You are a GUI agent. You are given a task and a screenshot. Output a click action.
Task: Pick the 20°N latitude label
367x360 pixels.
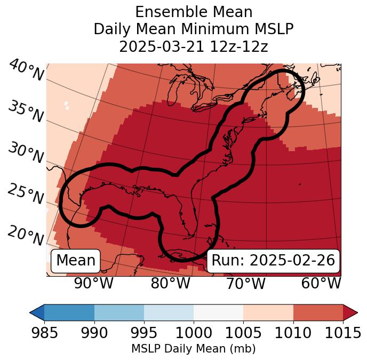tap(26, 236)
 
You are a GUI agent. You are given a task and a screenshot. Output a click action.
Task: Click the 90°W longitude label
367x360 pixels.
tap(94, 283)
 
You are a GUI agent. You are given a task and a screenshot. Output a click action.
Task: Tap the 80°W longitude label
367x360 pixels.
tap(170, 283)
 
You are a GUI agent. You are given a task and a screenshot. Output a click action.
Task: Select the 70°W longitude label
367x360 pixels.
tap(245, 283)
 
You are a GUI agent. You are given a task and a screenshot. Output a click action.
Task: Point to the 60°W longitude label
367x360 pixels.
tap(321, 283)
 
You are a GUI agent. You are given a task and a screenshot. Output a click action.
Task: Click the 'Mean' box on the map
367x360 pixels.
tap(76, 261)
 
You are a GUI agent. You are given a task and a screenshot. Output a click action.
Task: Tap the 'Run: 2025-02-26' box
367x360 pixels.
tap(273, 261)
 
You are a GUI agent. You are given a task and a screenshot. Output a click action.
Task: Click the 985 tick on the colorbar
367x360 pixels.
tap(44, 333)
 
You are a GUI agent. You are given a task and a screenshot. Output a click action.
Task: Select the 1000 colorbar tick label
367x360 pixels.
tap(194, 333)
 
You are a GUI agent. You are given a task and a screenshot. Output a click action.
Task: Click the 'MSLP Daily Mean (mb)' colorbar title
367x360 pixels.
tap(193, 349)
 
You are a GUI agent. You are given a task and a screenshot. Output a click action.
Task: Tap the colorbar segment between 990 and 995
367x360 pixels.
tap(119, 312)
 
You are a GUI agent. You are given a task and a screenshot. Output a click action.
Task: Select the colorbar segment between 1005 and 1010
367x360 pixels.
tap(268, 312)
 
